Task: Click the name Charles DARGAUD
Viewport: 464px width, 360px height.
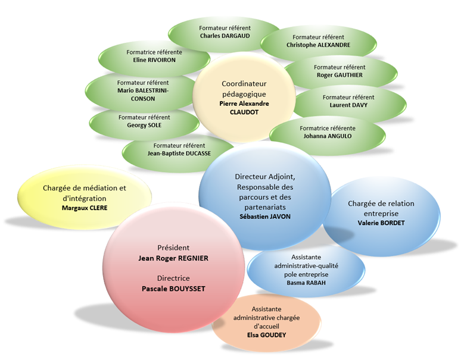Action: click(225, 36)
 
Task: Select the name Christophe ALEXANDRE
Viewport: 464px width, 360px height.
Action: click(318, 45)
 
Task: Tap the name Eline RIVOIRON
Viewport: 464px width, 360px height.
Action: click(154, 60)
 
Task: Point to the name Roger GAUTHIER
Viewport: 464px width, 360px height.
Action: click(340, 76)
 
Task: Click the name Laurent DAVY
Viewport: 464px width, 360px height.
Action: click(348, 105)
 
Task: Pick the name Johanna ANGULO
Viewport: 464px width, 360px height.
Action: click(327, 136)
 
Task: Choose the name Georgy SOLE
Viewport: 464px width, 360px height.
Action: click(144, 126)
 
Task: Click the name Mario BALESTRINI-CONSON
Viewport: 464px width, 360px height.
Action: click(143, 94)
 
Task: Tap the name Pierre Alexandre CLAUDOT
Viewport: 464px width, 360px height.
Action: click(244, 107)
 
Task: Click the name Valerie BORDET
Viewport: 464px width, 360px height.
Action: click(381, 223)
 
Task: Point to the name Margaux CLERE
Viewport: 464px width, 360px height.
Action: click(84, 208)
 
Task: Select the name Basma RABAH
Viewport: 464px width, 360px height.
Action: click(306, 283)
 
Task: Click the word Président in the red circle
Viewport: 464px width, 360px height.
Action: click(173, 248)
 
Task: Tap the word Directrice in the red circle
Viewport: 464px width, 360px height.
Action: click(173, 278)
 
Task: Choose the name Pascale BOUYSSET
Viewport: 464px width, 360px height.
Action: click(173, 288)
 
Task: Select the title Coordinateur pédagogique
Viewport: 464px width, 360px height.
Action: click(244, 89)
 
